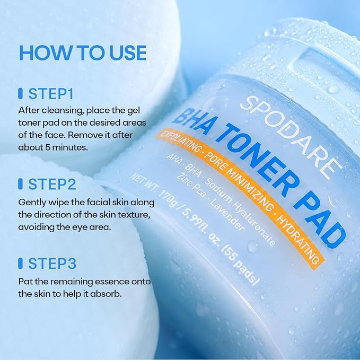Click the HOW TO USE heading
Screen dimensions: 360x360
click(x=83, y=52)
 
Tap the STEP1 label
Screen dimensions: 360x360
click(x=51, y=94)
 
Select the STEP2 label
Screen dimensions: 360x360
click(x=52, y=184)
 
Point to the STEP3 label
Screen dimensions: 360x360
click(x=52, y=264)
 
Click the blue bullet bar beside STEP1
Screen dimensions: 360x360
click(x=21, y=94)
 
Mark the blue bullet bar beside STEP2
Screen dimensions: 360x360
click(x=21, y=184)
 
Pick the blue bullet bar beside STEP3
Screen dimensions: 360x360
click(x=21, y=264)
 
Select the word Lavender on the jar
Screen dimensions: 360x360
click(x=226, y=215)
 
